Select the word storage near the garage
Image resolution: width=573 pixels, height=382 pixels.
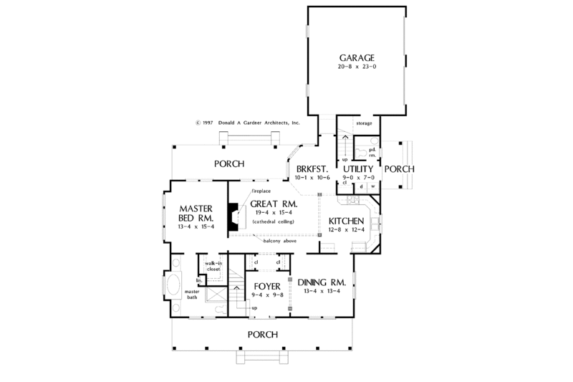pos(365,124)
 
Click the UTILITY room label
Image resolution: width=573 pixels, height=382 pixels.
pos(359,168)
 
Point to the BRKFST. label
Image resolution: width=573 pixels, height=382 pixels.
pos(312,168)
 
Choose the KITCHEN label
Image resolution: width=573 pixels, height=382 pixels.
pos(347,221)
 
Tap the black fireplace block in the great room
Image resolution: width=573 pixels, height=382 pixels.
pos(233,217)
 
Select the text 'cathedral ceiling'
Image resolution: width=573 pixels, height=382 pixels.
pos(274,221)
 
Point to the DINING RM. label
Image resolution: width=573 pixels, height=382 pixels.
pos(322,282)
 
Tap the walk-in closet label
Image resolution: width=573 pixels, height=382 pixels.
pos(213,266)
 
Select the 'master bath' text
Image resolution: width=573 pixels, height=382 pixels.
pos(191,294)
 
